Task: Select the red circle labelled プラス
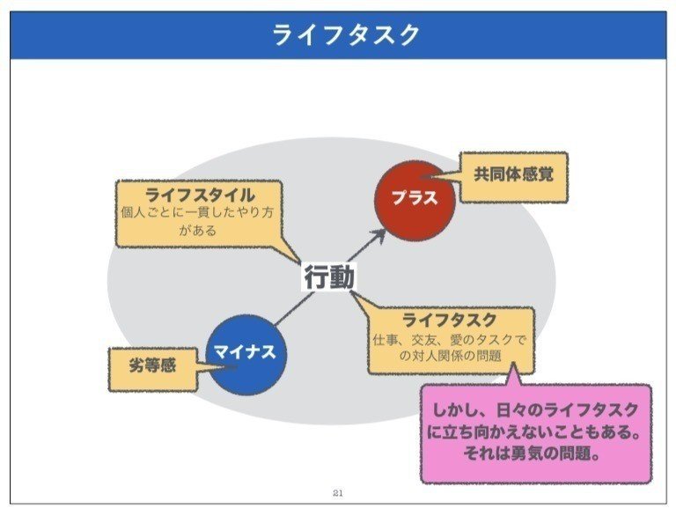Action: (413, 197)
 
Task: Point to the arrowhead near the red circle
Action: (379, 234)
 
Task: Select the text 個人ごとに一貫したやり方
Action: (198, 214)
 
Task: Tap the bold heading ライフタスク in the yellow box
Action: (449, 321)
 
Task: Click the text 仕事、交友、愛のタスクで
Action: (450, 339)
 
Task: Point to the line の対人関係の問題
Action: (449, 357)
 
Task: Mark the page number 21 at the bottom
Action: (338, 493)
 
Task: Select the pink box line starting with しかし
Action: (535, 411)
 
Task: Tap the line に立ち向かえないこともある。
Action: (535, 432)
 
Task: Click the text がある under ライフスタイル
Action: (197, 232)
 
